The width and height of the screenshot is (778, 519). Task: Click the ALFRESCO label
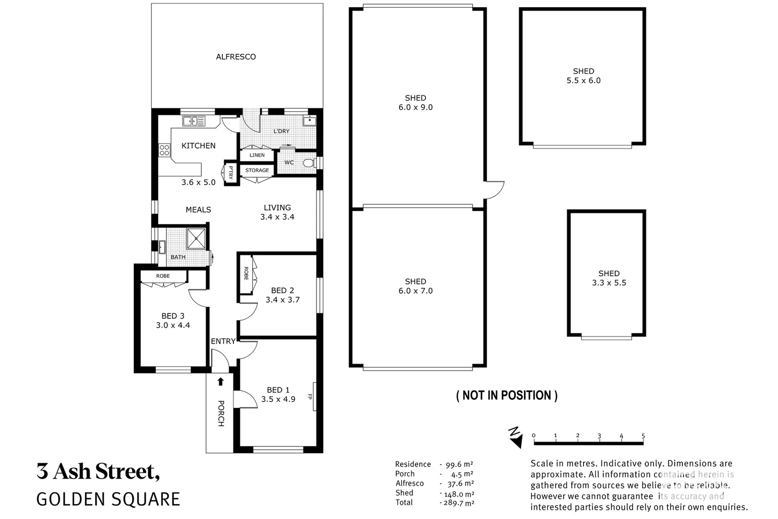236,57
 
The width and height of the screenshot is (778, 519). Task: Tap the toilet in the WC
308,162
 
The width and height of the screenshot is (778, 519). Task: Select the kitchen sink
194,121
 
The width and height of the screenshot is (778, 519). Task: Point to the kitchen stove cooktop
164,150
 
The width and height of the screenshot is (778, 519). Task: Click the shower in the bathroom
196,239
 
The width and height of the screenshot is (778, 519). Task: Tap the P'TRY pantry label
231,172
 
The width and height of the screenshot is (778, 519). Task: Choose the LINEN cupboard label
257,155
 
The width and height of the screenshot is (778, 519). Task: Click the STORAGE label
257,170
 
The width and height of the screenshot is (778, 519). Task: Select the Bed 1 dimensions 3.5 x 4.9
278,399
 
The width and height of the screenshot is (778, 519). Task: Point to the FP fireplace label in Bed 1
310,397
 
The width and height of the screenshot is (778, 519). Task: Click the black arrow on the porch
220,382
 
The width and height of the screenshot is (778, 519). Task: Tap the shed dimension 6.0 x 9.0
415,108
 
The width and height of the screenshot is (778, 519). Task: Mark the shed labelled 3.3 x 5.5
609,278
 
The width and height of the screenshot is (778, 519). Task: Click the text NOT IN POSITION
507,395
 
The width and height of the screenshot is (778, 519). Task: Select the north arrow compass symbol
515,437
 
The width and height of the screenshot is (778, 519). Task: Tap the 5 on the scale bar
643,436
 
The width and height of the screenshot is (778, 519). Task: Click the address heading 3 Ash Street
98,471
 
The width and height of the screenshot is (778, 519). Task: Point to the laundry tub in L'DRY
310,120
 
